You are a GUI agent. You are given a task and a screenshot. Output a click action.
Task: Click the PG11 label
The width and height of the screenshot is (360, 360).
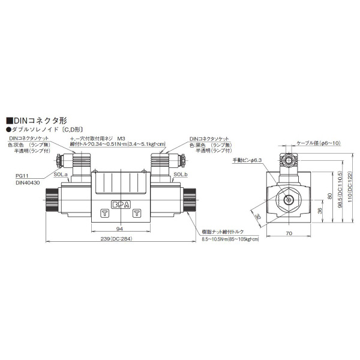(x=23, y=176)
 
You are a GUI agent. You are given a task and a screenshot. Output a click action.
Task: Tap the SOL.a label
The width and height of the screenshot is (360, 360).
(x=60, y=174)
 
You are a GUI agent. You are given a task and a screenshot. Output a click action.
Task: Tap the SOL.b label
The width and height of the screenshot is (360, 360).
(x=181, y=174)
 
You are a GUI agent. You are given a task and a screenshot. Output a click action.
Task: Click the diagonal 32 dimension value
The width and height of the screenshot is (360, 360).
(x=257, y=218)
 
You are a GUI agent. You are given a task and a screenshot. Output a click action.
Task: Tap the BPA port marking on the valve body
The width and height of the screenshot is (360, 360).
(x=120, y=202)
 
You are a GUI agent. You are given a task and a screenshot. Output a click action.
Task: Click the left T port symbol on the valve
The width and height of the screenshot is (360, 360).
(x=104, y=213)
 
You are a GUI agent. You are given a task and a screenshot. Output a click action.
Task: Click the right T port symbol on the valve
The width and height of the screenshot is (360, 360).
(x=136, y=213)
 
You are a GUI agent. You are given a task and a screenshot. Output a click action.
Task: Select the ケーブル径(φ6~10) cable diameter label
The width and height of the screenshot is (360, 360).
(x=319, y=143)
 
